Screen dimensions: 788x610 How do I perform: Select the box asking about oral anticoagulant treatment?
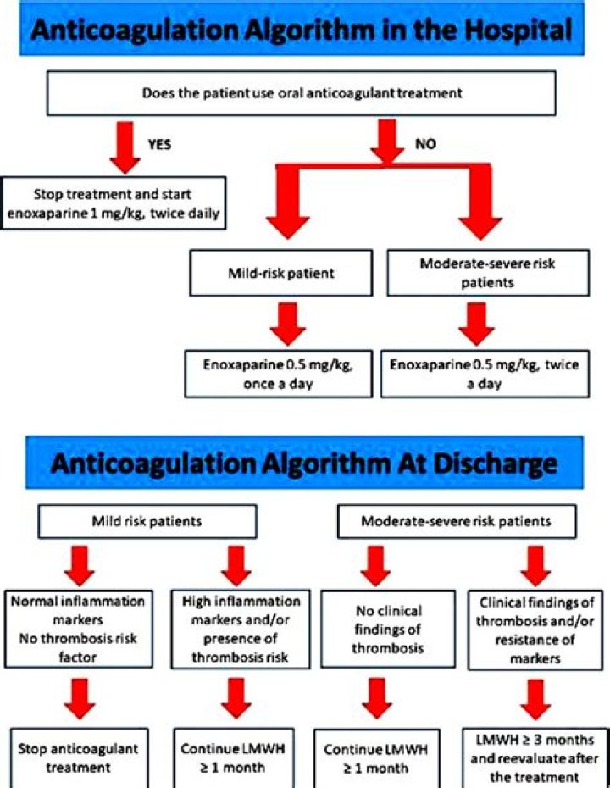coord(302,93)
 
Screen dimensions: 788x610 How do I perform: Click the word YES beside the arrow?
coord(159,145)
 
